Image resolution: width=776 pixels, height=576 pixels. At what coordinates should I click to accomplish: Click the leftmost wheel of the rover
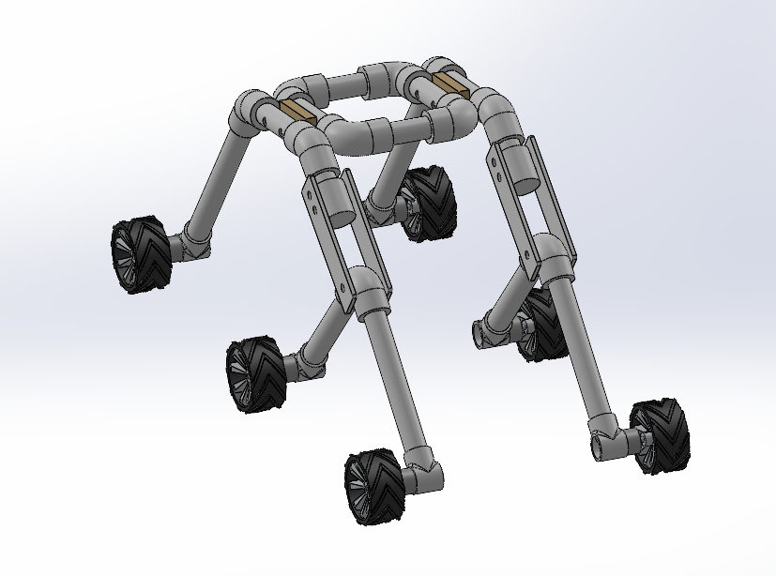[x=141, y=255]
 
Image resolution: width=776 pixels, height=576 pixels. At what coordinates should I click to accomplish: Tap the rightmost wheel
[x=662, y=434]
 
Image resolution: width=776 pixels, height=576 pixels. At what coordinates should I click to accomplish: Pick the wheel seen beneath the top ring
[x=427, y=203]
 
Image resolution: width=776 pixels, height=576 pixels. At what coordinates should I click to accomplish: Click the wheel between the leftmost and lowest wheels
[x=255, y=374]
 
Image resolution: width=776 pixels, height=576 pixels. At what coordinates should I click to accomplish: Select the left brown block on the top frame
[x=296, y=114]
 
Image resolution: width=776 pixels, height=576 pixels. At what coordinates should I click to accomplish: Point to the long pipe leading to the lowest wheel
[x=394, y=385]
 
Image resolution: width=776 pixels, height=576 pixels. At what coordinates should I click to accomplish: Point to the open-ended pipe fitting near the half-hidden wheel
[x=490, y=330]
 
